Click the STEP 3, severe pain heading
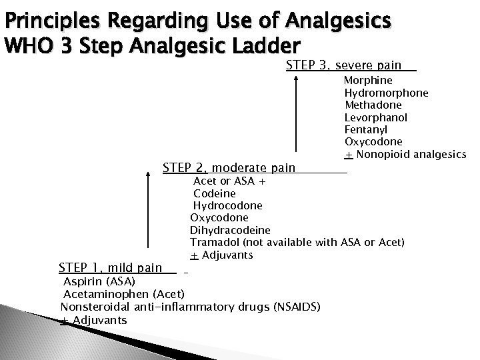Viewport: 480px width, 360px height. (x=343, y=65)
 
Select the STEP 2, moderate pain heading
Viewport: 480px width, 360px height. (x=229, y=167)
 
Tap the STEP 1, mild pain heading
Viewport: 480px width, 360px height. (x=110, y=268)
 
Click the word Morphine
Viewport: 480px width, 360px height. (x=368, y=80)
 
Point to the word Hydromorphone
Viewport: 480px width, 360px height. (x=387, y=93)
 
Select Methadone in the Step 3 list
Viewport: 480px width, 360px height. (x=373, y=105)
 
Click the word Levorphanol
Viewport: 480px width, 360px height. (x=376, y=117)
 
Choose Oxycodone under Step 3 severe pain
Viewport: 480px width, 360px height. (x=373, y=142)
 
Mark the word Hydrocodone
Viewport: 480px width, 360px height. (x=227, y=205)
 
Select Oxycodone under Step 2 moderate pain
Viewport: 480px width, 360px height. (x=219, y=217)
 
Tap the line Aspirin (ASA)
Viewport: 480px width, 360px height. (x=99, y=281)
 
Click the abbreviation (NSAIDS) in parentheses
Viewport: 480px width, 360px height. (x=297, y=307)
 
